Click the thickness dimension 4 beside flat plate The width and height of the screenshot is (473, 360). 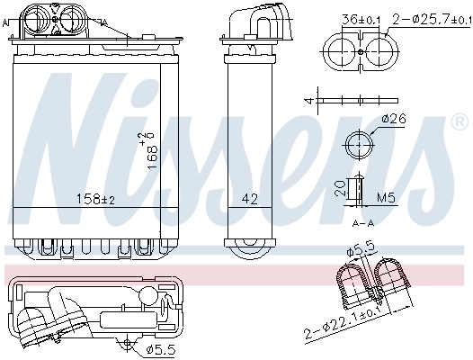coord(308,100)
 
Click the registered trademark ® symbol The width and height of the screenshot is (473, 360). coord(459,120)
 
